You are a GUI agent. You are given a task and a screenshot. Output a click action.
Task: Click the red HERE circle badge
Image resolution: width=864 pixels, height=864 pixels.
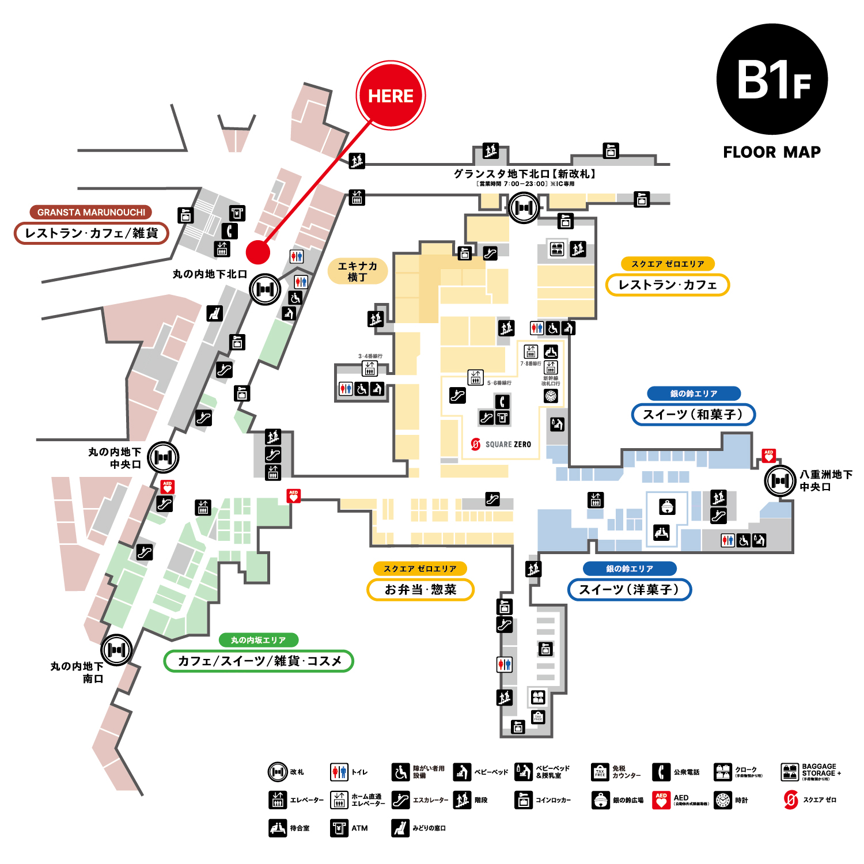(x=391, y=95)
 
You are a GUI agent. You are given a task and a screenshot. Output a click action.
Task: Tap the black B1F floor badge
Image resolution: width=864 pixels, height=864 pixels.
(x=772, y=79)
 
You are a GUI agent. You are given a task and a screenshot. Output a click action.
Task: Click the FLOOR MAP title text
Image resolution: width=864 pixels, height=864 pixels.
(x=772, y=152)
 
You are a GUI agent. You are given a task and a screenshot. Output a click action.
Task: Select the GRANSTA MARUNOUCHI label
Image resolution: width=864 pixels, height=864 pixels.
(x=91, y=212)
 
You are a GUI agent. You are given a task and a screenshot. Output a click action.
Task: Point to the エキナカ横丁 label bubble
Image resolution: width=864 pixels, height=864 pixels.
(x=357, y=271)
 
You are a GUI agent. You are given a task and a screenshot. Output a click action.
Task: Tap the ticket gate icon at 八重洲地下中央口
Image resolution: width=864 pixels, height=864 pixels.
(x=780, y=480)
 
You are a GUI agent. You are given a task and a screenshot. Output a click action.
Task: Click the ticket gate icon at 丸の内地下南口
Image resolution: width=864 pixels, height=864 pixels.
(x=117, y=650)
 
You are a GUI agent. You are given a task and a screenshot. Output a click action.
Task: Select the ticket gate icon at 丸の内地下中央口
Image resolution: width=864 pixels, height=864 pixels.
(x=164, y=457)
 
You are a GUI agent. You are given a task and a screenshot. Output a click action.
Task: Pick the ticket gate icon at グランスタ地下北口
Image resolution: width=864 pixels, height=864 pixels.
(x=524, y=207)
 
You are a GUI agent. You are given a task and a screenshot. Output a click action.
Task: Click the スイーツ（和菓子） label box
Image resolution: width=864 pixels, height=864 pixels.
(x=693, y=415)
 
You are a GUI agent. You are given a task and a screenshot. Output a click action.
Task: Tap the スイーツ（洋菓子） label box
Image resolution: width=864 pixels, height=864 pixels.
(x=629, y=590)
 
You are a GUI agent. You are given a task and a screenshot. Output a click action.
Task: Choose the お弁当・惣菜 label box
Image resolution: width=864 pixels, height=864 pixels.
(x=420, y=590)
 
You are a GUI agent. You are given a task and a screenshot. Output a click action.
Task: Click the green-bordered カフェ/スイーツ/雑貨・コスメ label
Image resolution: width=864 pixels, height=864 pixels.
(x=259, y=661)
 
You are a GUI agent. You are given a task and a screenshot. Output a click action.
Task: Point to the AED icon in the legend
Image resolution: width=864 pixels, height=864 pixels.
(x=661, y=800)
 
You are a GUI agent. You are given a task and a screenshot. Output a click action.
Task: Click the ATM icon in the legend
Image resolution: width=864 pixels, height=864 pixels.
(x=339, y=828)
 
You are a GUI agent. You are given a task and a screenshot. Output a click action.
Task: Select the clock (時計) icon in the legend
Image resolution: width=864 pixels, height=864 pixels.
(x=723, y=800)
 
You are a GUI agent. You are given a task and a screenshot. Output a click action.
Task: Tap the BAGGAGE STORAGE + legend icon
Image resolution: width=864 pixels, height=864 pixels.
(x=790, y=772)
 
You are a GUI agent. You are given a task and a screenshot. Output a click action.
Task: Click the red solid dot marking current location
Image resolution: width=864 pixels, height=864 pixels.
(x=258, y=252)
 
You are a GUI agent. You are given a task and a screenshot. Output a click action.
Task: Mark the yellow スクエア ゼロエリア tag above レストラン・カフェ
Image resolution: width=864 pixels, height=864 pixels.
(x=668, y=264)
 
